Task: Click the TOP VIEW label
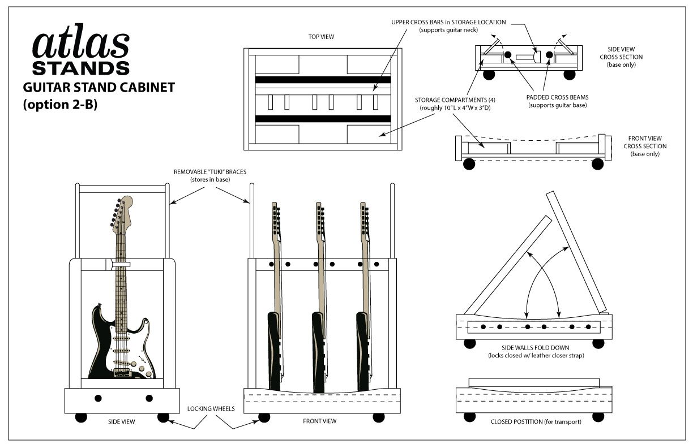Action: point(321,37)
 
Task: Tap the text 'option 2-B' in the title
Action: point(60,105)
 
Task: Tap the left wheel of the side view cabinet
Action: point(81,417)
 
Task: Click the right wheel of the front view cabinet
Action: point(378,417)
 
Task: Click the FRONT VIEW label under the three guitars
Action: point(319,421)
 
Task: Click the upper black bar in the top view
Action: point(323,80)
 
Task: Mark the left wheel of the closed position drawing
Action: point(469,417)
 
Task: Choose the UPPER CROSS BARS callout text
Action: point(448,22)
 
